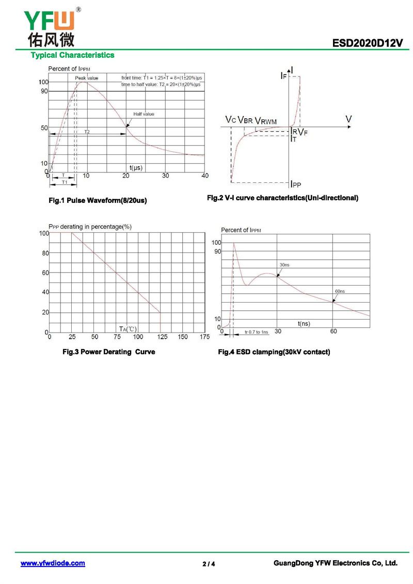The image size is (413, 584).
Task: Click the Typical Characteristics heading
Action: (72, 55)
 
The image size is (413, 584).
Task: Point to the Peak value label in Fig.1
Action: (86, 78)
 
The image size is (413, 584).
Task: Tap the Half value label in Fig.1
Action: (144, 114)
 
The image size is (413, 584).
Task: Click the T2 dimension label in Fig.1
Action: (87, 132)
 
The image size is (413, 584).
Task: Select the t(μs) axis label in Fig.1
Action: (136, 168)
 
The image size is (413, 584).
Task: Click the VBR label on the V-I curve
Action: (245, 121)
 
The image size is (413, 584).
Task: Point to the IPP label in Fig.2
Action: (296, 184)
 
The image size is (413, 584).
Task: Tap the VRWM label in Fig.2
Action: (266, 121)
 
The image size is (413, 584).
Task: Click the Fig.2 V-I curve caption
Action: (282, 198)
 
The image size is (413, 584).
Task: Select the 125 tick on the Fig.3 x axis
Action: (161, 337)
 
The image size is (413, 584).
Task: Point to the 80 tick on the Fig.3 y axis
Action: (44, 253)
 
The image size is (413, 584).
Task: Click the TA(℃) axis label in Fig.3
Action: (128, 329)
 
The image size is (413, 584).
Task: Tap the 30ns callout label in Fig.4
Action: (284, 265)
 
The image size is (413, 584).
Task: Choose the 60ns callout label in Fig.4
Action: (340, 291)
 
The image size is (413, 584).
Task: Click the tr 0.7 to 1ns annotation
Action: (257, 332)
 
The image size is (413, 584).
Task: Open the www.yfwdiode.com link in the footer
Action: (53, 563)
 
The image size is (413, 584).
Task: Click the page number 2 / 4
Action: (209, 564)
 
